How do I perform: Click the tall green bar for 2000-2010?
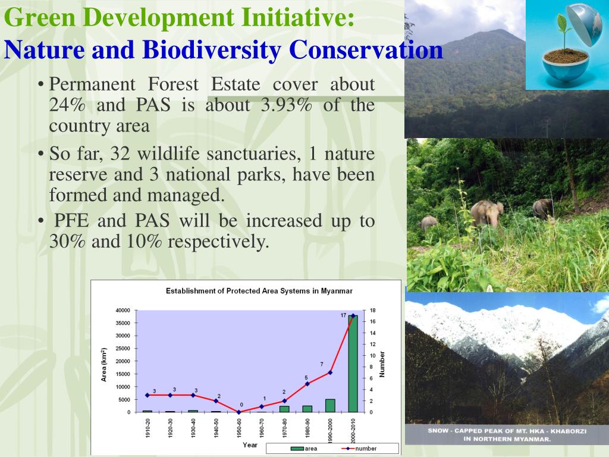tap(353, 364)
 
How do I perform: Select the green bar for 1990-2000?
tap(330, 405)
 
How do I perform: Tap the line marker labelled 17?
tap(353, 316)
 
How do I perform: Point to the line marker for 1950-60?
tap(239, 412)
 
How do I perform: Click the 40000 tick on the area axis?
tap(123, 311)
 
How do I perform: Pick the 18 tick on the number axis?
tap(372, 311)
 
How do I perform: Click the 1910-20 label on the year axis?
tap(147, 428)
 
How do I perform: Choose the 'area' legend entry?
tap(304, 449)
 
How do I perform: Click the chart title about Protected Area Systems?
tap(259, 291)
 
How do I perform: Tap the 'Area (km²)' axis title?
tap(103, 365)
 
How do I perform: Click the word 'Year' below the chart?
tap(250, 445)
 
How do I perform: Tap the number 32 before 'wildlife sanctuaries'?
tap(120, 154)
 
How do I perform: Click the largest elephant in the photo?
tap(487, 213)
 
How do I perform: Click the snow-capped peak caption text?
tap(507, 435)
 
